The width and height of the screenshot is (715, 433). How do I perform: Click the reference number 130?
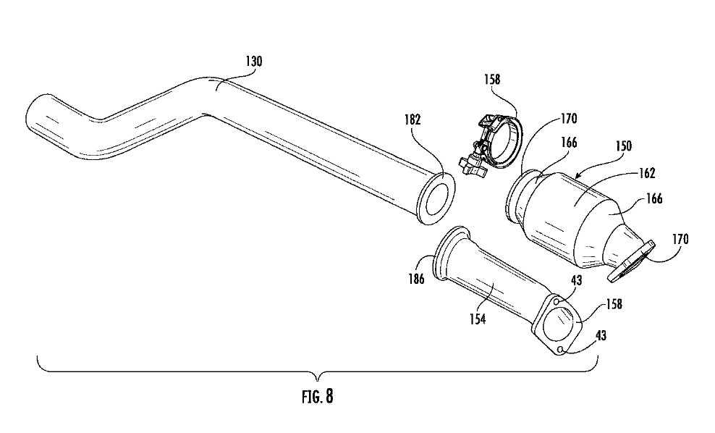[254, 61]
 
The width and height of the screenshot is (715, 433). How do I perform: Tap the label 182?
[412, 120]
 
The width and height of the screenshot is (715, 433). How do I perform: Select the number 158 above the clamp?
[492, 80]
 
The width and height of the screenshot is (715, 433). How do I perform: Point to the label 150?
[623, 146]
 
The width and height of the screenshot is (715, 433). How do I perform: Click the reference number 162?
[646, 173]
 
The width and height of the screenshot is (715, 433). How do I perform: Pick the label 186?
[416, 279]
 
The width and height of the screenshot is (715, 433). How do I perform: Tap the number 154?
[478, 319]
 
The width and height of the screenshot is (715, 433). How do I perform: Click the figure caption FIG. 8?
[318, 396]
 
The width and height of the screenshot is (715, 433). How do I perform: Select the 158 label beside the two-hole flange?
[614, 304]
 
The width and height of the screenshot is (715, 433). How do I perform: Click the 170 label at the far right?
[680, 239]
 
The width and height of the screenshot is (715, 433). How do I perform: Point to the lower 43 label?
[601, 336]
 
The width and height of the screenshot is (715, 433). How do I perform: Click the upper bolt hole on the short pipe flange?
[557, 302]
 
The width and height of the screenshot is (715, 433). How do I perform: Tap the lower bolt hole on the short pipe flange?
[561, 350]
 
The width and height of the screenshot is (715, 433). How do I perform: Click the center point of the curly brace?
[318, 377]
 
